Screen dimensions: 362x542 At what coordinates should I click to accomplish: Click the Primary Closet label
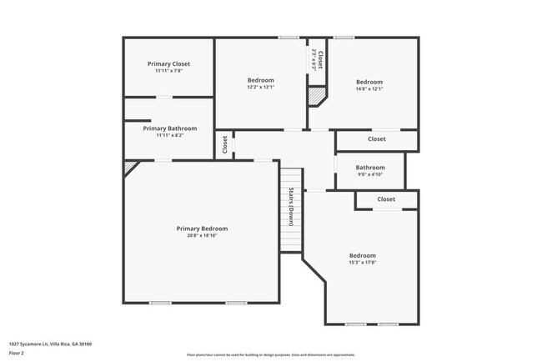coord(169,64)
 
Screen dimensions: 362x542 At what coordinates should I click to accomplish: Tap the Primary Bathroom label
coord(170,128)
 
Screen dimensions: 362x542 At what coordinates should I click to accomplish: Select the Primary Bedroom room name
coord(202,229)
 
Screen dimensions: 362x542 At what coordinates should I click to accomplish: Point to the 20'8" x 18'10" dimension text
coord(202,235)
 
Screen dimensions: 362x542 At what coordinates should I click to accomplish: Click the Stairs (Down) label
coord(291,207)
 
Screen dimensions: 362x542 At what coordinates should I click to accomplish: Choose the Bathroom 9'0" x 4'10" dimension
coord(370,173)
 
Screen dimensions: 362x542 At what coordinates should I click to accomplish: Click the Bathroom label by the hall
coord(370,167)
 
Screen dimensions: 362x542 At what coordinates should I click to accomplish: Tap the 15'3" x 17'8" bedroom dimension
coord(362,262)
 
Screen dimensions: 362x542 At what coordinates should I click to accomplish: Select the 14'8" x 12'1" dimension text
coord(369,88)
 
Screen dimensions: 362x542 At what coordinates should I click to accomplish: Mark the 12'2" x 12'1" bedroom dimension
coord(260,88)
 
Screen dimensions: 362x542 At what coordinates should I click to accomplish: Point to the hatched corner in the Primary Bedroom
coord(129,167)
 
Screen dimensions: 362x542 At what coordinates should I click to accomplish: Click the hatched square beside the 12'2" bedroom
coord(316,97)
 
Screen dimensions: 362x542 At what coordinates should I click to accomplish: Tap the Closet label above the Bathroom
coord(377,139)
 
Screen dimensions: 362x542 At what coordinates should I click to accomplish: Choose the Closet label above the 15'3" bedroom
coord(386,199)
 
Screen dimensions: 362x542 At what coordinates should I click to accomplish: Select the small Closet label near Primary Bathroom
coord(225,144)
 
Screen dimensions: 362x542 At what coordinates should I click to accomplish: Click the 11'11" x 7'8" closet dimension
coord(169,71)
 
